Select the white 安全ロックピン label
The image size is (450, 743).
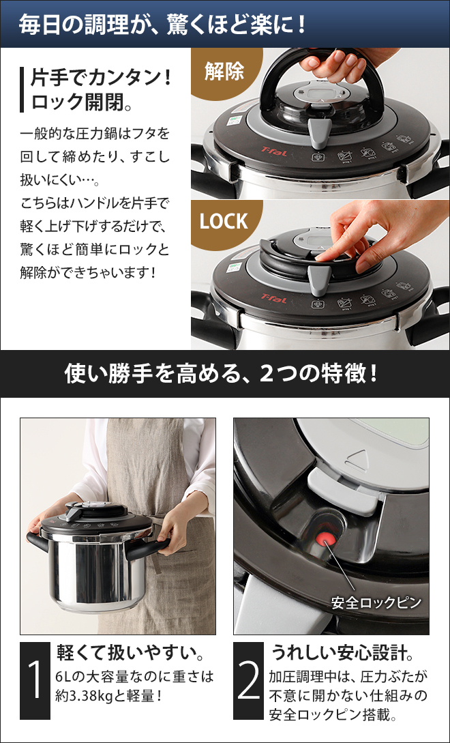376,603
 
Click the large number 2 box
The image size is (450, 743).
248,680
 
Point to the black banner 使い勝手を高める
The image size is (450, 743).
224,373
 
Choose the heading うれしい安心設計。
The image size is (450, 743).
342,653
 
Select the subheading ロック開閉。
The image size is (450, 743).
81,102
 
